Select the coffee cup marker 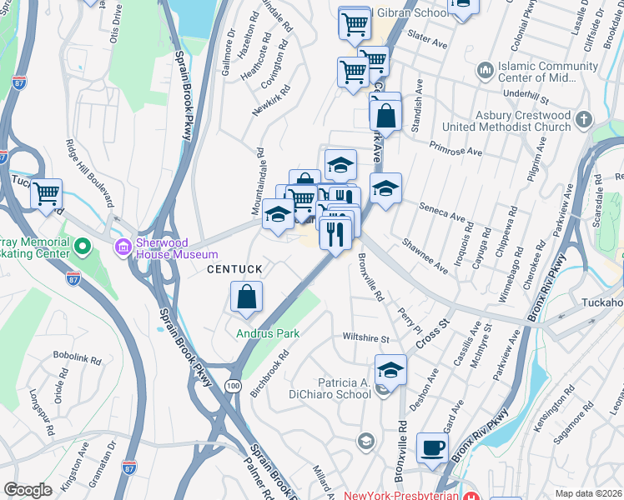coord(432,447)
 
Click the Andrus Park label coord(267,333)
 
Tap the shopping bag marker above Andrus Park coord(247,297)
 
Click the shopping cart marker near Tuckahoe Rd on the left coord(47,194)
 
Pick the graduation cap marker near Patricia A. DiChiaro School coord(390,368)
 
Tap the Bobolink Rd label coord(78,361)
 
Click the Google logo coord(28,490)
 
